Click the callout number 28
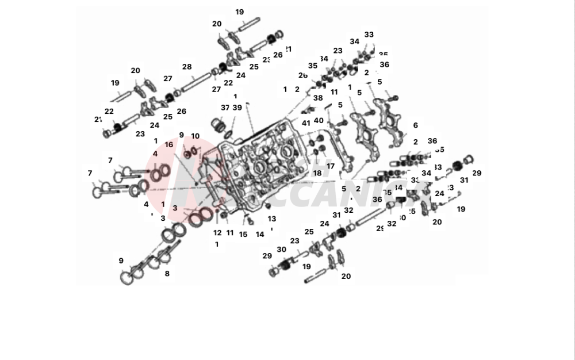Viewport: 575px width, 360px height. (187, 67)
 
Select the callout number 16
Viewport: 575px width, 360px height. (169, 145)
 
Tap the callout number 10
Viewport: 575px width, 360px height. (195, 136)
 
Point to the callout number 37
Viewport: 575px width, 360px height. (225, 108)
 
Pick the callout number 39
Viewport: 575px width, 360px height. (237, 108)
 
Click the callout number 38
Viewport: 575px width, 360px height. (318, 98)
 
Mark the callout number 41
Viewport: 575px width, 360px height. (306, 122)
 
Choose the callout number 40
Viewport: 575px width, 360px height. (319, 121)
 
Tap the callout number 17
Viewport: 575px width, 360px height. (331, 166)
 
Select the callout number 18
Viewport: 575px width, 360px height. (317, 173)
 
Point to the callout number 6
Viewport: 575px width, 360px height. (415, 125)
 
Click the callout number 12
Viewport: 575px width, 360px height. (217, 233)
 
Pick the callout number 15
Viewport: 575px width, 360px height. (243, 234)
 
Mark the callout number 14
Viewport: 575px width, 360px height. (260, 234)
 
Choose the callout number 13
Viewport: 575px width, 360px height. (272, 219)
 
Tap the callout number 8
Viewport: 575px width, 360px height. (167, 274)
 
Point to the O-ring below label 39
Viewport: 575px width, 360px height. (229, 134)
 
